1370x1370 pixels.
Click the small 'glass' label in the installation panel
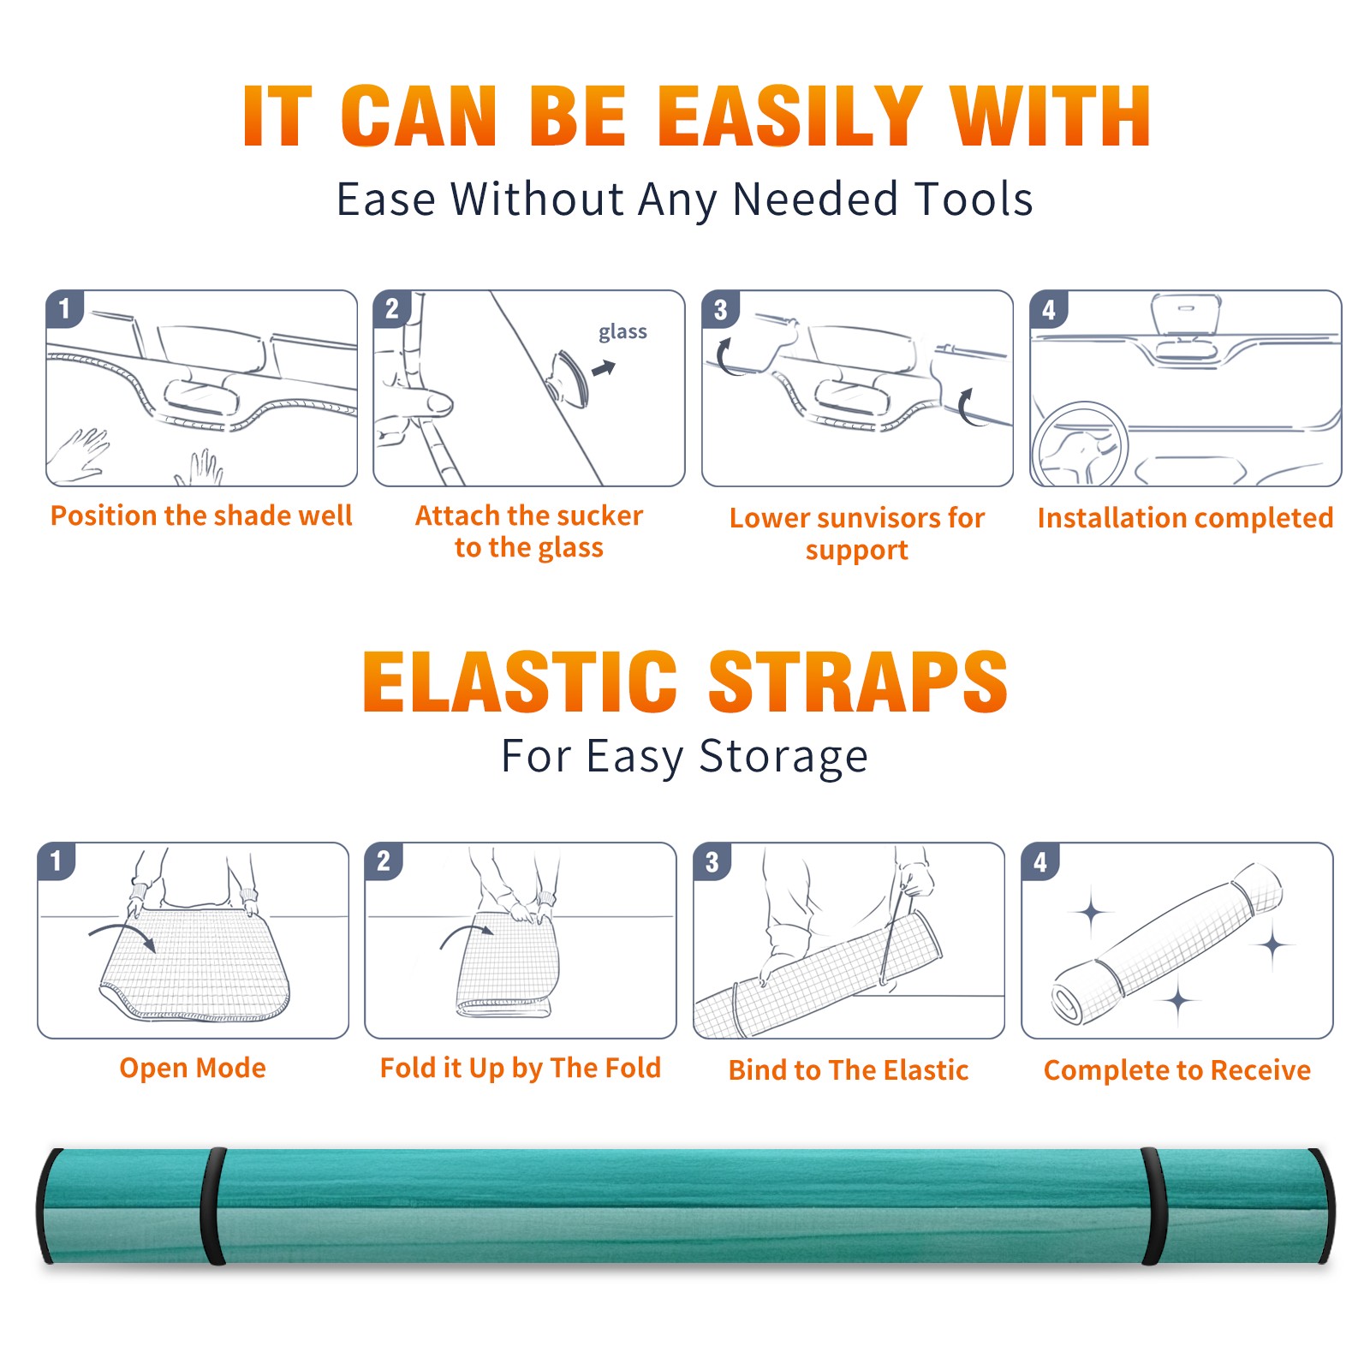click(622, 332)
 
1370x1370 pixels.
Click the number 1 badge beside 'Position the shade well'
click(64, 308)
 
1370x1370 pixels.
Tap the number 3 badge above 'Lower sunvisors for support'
click(720, 308)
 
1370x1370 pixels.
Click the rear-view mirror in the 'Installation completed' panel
click(1186, 315)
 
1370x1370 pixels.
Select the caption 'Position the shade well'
click(201, 515)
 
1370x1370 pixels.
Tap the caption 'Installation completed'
click(1185, 518)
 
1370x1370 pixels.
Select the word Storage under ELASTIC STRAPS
click(783, 757)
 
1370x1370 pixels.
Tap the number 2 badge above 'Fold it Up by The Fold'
click(384, 861)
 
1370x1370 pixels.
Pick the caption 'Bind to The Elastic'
click(848, 1070)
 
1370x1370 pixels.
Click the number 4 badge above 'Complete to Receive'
click(1040, 861)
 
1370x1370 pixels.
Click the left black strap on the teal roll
click(213, 1206)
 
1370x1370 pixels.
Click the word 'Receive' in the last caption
click(1260, 1070)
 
